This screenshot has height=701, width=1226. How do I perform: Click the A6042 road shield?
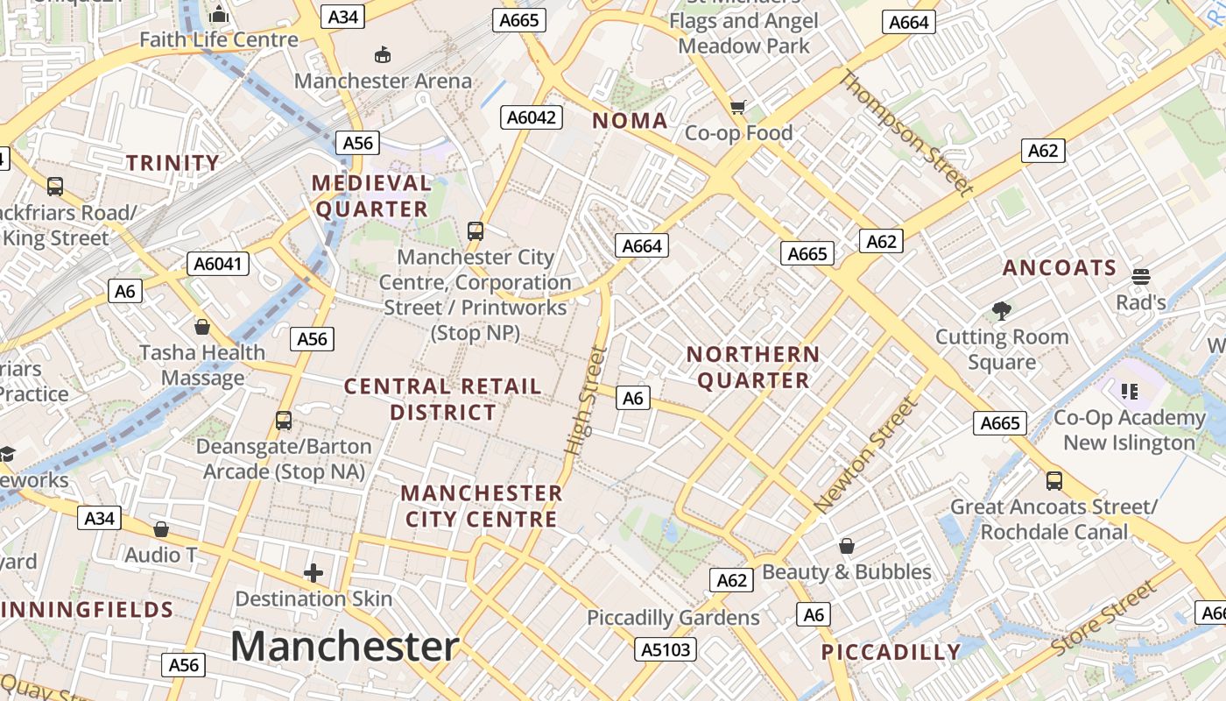pos(532,117)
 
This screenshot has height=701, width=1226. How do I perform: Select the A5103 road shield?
pos(666,649)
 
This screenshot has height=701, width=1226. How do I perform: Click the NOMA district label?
pos(630,121)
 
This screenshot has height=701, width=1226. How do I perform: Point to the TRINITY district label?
pos(173,163)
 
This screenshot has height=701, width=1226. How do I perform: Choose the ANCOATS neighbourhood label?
pos(1060,268)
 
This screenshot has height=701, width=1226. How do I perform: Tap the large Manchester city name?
pos(344,647)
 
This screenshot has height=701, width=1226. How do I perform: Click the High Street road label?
pos(586,400)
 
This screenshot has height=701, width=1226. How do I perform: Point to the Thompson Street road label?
pos(906,133)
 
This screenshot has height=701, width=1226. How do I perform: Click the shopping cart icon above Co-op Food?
pos(738,107)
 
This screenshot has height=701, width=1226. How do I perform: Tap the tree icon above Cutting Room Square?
pos(1002,310)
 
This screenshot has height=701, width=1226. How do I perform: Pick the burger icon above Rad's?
pos(1140,277)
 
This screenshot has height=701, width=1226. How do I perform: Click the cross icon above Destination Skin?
pos(314,574)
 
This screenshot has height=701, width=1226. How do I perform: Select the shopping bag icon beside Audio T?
pos(161,529)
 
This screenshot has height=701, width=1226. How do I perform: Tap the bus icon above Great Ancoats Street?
pos(1054,480)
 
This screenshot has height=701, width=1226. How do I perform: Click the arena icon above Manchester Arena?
pos(383,55)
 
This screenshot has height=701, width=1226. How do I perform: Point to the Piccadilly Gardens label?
pos(673,618)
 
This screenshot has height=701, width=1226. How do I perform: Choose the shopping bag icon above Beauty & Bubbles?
pos(847,546)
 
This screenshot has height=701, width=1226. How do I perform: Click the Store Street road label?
pos(1103,619)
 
